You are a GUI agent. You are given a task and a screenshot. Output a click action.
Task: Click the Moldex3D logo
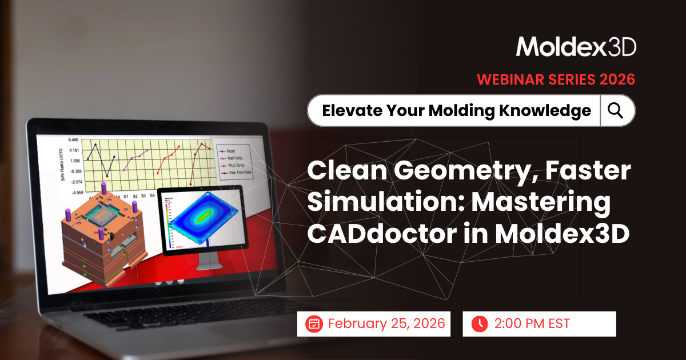click(576, 47)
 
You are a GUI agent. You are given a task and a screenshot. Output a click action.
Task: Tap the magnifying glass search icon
click(616, 110)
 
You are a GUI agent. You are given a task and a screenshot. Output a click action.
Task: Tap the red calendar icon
click(313, 323)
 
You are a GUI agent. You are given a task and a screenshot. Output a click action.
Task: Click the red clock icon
click(479, 323)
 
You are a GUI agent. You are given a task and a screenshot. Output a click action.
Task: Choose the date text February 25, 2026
click(386, 323)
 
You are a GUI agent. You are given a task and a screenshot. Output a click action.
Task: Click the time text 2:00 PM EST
click(531, 323)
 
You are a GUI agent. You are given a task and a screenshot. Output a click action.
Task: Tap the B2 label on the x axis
click(135, 195)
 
